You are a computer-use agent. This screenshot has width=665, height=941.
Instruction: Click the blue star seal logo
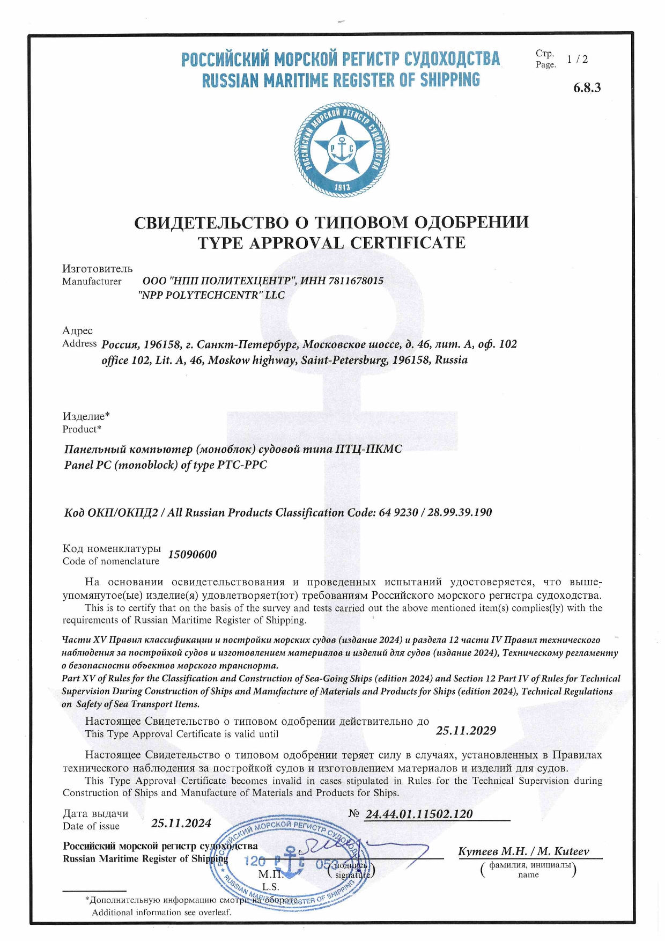(342, 148)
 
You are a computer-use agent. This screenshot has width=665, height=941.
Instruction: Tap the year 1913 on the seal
(342, 187)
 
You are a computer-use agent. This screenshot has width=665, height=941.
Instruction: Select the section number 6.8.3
(587, 88)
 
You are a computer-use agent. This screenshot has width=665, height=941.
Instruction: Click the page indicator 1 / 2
(577, 60)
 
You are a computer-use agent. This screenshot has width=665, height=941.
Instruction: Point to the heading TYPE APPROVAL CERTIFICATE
(331, 243)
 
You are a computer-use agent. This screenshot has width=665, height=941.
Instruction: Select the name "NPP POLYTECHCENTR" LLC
(211, 295)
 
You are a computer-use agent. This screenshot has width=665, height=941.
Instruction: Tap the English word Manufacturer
(92, 282)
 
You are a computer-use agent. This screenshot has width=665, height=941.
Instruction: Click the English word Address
(79, 343)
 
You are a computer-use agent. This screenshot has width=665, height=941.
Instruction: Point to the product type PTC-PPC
(242, 465)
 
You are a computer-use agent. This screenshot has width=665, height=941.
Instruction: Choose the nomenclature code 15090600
(193, 555)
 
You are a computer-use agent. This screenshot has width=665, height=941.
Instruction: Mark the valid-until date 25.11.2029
(465, 731)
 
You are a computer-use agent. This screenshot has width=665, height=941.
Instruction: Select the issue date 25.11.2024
(181, 824)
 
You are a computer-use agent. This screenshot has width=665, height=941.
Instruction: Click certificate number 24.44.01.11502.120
(419, 814)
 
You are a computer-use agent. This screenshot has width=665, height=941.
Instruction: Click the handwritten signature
(365, 849)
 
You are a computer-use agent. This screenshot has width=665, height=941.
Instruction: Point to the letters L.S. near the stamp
(270, 887)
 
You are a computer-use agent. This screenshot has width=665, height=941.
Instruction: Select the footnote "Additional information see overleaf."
(161, 913)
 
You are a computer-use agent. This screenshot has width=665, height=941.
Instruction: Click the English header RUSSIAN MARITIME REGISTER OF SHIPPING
(341, 80)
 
